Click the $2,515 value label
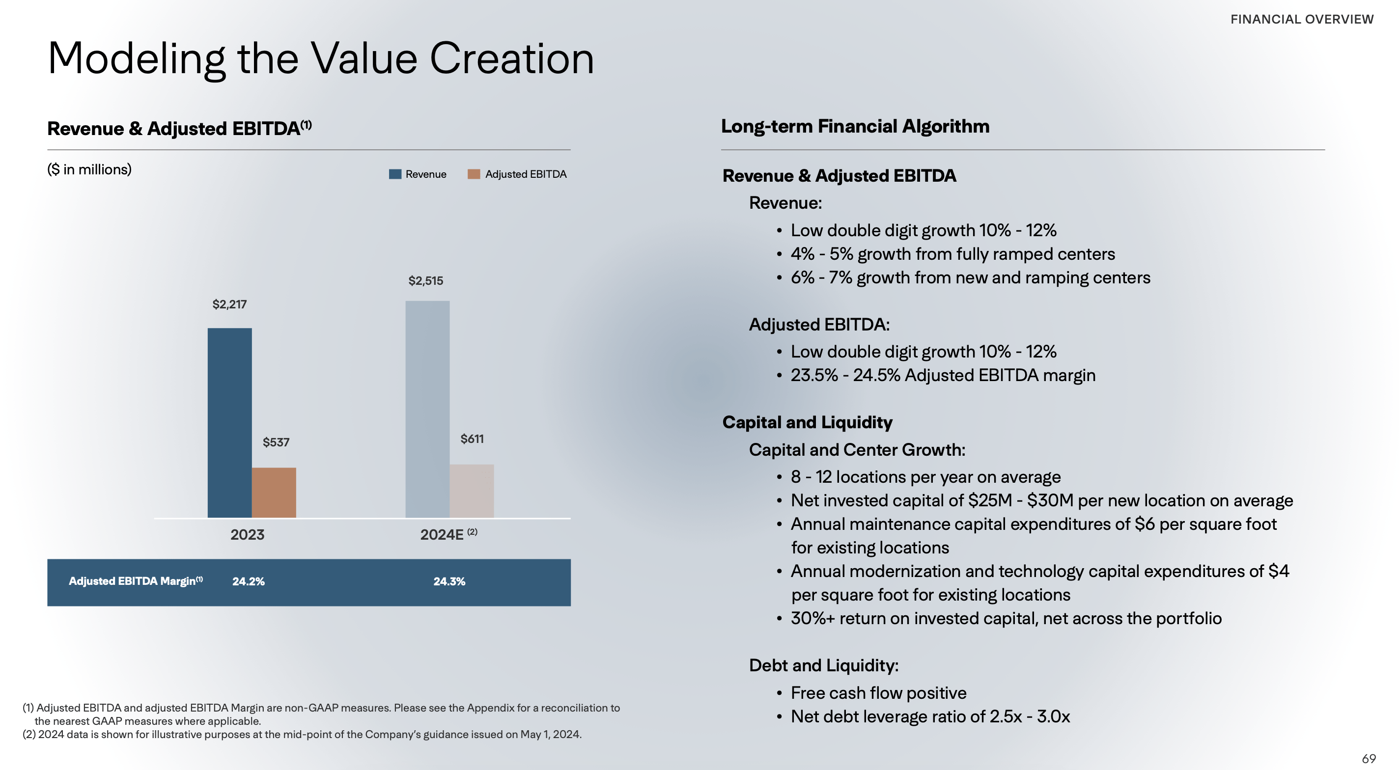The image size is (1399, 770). click(425, 281)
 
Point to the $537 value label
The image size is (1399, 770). click(276, 442)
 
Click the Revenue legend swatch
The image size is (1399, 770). click(395, 174)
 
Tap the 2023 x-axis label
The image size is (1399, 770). click(247, 534)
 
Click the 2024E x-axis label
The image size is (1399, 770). click(442, 534)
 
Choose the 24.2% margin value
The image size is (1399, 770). click(248, 581)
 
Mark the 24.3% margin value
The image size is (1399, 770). click(448, 581)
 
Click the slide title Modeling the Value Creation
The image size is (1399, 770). click(320, 58)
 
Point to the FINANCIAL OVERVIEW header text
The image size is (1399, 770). click(1301, 20)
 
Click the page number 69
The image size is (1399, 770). click(1369, 758)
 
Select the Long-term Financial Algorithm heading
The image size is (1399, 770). click(855, 126)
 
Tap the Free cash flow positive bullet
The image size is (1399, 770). click(878, 693)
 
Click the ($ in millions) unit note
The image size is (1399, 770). click(89, 169)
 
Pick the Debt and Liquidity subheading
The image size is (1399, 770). click(823, 665)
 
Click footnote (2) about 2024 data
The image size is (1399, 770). click(302, 734)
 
